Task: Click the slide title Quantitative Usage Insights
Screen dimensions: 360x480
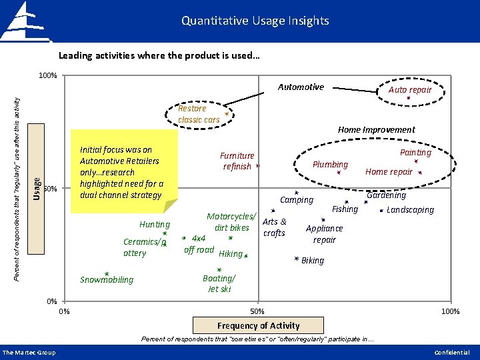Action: [x=255, y=21]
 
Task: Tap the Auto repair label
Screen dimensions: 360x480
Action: [x=410, y=89]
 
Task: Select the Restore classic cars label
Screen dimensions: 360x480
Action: [x=198, y=114]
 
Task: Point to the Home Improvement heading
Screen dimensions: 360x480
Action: [x=376, y=130]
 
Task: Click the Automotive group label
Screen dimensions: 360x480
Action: [x=301, y=87]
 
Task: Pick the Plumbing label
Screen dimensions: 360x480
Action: [x=331, y=164]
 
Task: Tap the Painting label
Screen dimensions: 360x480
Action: [x=415, y=153]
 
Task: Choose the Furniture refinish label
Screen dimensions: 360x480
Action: [x=237, y=161]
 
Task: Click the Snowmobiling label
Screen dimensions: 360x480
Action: [x=107, y=279]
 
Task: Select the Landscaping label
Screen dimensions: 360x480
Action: [x=410, y=210]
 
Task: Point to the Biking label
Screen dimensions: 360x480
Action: [x=313, y=260]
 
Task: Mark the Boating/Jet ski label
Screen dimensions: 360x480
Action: [x=219, y=283]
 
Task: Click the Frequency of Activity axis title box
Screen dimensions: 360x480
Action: [x=259, y=325]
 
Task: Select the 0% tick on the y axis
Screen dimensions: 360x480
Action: [x=51, y=301]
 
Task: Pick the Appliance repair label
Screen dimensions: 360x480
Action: [x=324, y=234]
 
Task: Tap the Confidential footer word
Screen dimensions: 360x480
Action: [x=451, y=352]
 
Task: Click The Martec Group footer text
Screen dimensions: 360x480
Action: [x=29, y=352]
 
